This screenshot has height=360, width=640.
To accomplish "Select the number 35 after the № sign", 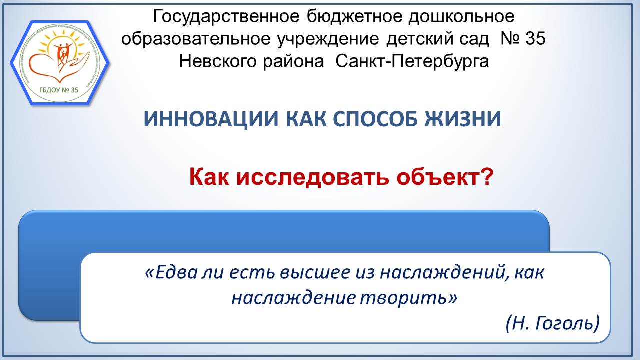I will (x=535, y=39).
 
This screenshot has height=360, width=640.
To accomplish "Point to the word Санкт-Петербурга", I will (x=412, y=61).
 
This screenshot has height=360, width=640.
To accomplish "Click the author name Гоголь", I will (x=566, y=324).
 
